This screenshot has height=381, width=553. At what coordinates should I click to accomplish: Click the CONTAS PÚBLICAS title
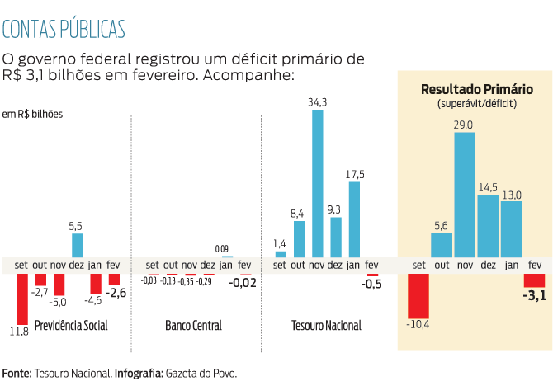(64, 28)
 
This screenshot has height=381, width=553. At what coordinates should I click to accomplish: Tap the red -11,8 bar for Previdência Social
(22, 299)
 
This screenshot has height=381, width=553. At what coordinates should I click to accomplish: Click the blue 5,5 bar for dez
(77, 245)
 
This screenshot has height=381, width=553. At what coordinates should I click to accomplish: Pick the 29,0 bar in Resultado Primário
(465, 194)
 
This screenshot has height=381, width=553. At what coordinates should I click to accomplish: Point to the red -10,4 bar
(418, 295)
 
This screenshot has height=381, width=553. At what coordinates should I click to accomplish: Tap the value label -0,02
(242, 283)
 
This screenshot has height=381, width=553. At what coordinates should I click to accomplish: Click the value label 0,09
(222, 248)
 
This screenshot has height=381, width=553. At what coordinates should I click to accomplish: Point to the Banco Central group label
(194, 326)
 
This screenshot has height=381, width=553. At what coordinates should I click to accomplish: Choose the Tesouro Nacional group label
(326, 326)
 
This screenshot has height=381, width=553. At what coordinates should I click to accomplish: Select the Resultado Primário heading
(476, 89)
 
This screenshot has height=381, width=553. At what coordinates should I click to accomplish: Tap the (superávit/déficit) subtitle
(476, 105)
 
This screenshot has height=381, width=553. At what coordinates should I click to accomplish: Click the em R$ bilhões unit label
(32, 114)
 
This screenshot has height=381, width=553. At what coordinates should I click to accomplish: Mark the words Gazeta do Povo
(201, 373)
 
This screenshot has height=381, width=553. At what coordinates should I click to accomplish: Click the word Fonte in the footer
(17, 373)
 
